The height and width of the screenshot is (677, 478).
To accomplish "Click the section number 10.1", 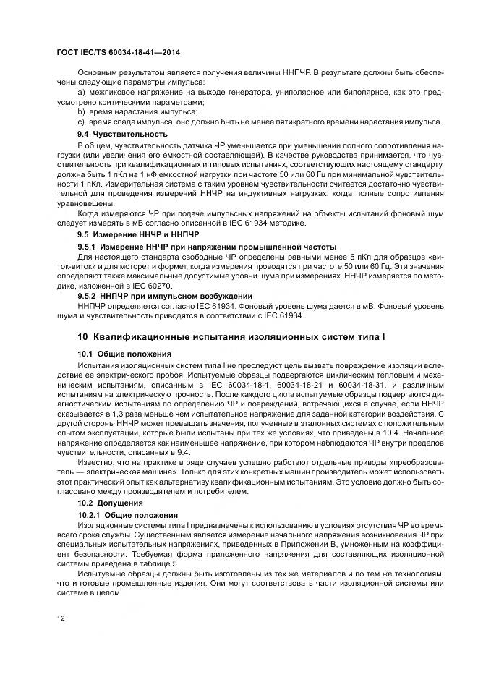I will [87, 354].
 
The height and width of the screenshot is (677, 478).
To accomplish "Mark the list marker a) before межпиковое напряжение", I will [81, 93].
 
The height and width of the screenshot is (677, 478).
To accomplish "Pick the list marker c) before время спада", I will [81, 122].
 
